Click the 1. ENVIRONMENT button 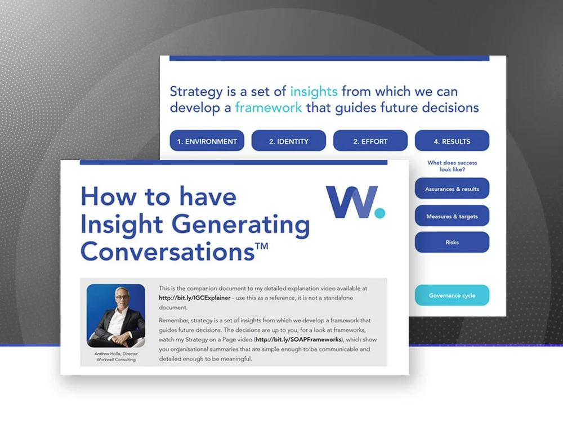[207, 141]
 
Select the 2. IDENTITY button [288, 141]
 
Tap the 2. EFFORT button [370, 141]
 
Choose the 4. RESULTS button [452, 141]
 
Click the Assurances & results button [452, 189]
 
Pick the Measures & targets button [452, 216]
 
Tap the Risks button [452, 243]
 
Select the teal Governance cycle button [452, 295]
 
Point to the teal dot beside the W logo [380, 213]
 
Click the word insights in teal [314, 92]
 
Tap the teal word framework [269, 107]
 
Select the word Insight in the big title [120, 224]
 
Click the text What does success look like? [452, 166]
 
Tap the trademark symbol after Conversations [262, 245]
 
